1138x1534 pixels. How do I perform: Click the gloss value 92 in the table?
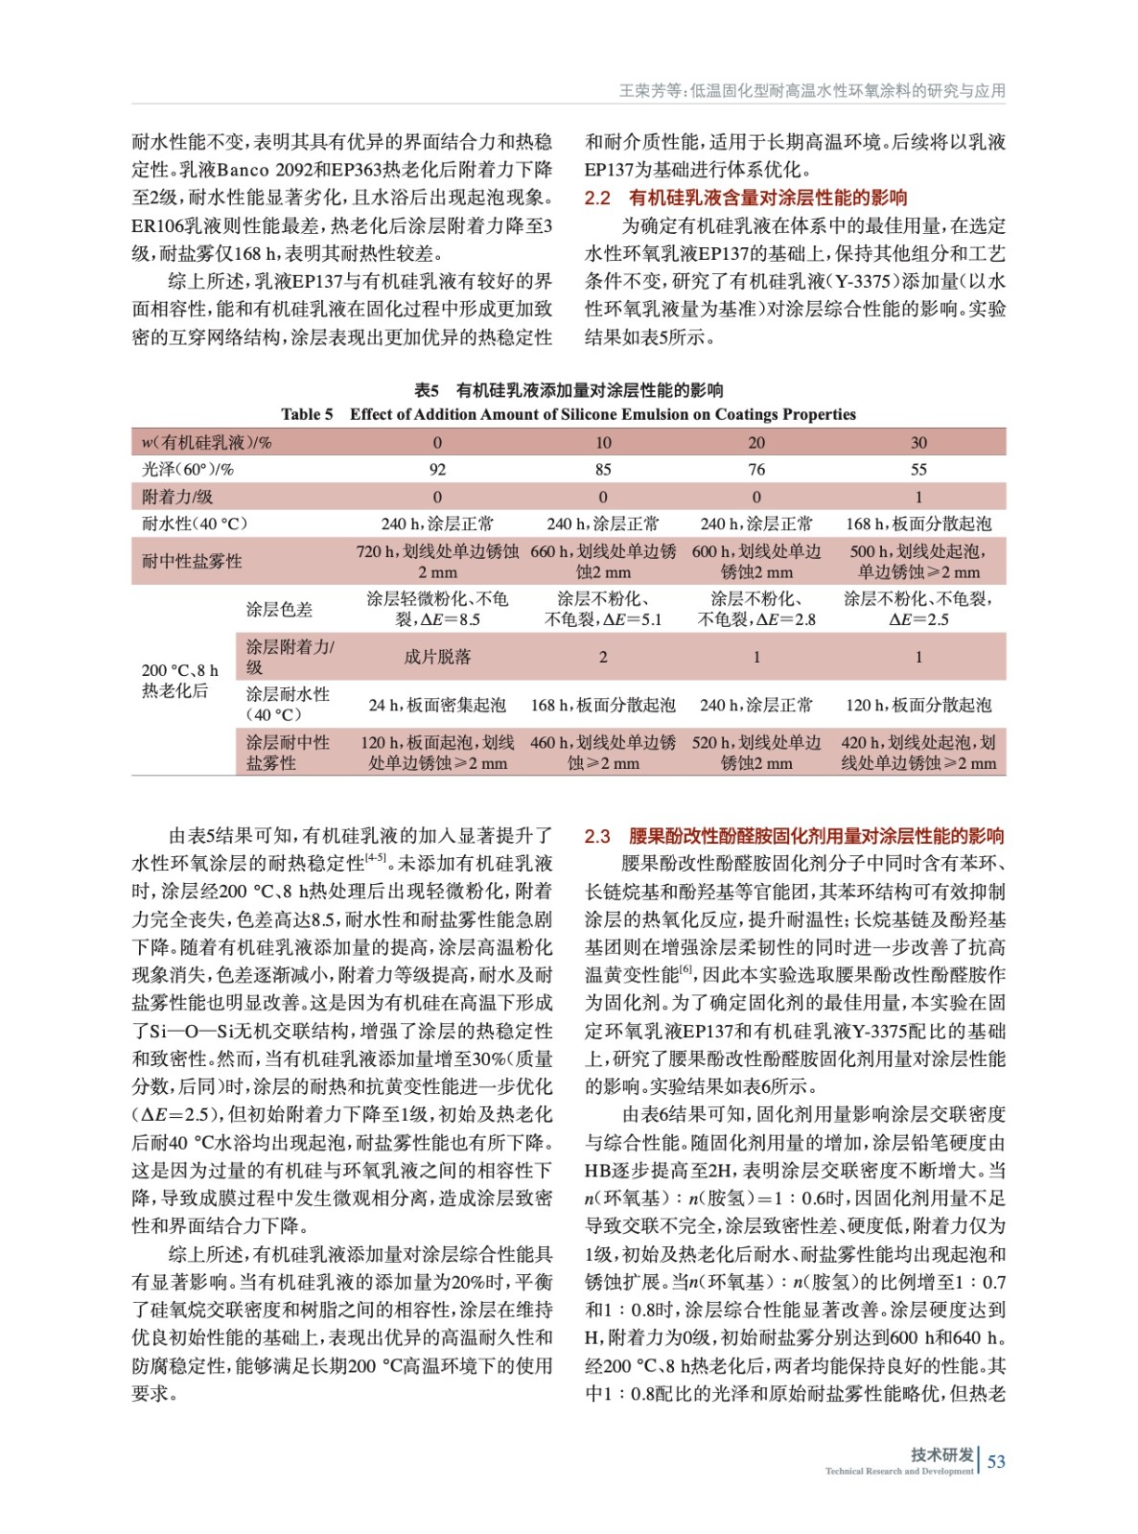[x=437, y=470]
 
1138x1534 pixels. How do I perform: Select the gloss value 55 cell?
[x=918, y=470]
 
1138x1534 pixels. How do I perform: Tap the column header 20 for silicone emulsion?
[x=756, y=442]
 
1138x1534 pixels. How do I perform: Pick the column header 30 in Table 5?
[x=918, y=442]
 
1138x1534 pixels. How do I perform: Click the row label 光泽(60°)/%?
[x=188, y=470]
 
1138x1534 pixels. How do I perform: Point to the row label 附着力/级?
[x=177, y=497]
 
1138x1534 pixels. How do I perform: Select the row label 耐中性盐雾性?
[x=192, y=561]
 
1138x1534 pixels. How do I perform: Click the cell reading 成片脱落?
[x=437, y=657]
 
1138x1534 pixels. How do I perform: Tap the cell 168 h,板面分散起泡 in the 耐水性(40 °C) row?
[x=918, y=523]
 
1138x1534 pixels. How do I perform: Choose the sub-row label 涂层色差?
[x=279, y=609]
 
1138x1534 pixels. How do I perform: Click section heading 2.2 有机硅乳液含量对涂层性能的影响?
[x=746, y=198]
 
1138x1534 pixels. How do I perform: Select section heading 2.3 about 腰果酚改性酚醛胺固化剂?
[x=794, y=836]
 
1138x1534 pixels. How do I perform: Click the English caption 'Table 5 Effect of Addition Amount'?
[x=568, y=414]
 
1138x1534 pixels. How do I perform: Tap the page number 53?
[x=996, y=1461]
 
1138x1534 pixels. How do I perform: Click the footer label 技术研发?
[x=941, y=1454]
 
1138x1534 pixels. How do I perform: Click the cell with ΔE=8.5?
[x=437, y=609]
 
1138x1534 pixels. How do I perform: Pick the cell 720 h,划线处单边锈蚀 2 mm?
[x=437, y=561]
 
